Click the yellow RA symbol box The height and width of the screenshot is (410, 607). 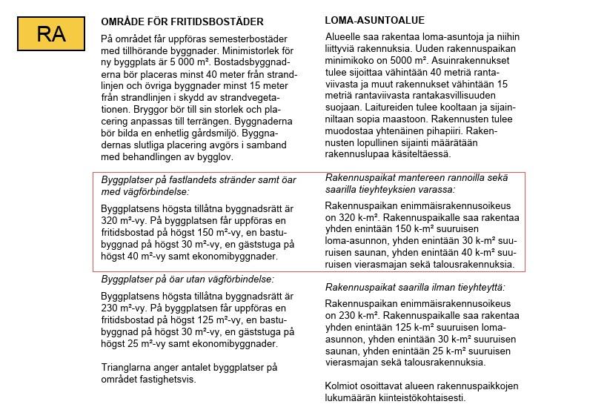[x=51, y=33]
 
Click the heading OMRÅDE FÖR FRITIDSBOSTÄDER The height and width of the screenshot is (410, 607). [x=182, y=22]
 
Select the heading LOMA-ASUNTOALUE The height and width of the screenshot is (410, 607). [x=375, y=20]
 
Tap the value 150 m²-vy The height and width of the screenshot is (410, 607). [x=232, y=233]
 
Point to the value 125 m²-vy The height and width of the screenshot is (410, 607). [x=232, y=320]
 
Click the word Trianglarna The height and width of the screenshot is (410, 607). [x=130, y=367]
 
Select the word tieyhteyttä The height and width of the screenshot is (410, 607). [x=474, y=287]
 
